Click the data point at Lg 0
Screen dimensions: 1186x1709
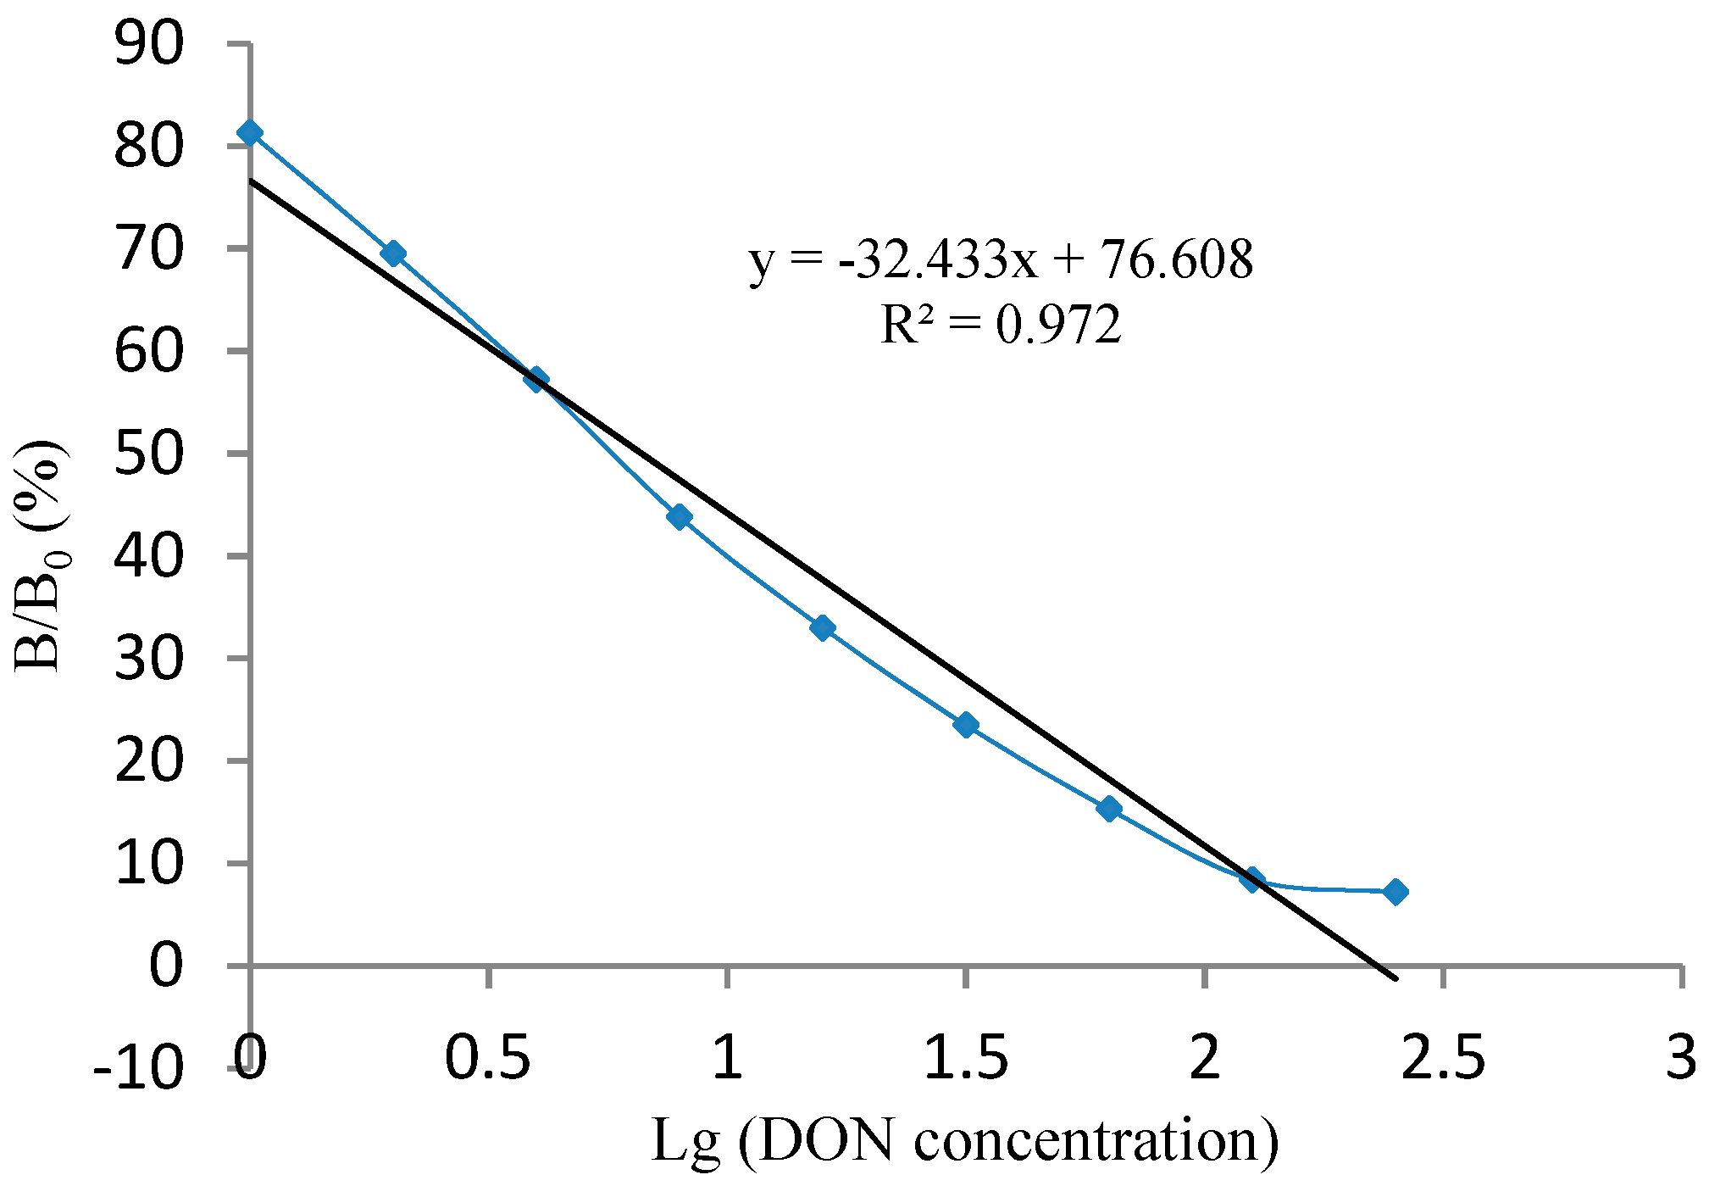coord(250,133)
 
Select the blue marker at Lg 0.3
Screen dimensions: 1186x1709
coord(393,253)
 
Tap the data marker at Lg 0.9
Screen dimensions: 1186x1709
coord(680,516)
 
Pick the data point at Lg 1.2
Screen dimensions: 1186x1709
coord(823,627)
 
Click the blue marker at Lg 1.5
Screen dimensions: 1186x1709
coord(966,725)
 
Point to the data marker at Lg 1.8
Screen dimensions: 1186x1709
coord(1109,809)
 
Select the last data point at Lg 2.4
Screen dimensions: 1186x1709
coord(1395,892)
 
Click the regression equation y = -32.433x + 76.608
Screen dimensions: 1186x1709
coord(1002,259)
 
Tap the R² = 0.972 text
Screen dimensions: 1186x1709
coord(1002,325)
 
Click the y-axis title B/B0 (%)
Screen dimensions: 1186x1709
coord(41,555)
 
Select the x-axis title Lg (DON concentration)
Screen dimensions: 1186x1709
coord(964,1141)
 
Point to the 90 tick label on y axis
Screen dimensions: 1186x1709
coord(148,45)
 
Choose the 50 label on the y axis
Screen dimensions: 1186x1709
coord(148,454)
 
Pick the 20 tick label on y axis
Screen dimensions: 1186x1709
coord(148,761)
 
